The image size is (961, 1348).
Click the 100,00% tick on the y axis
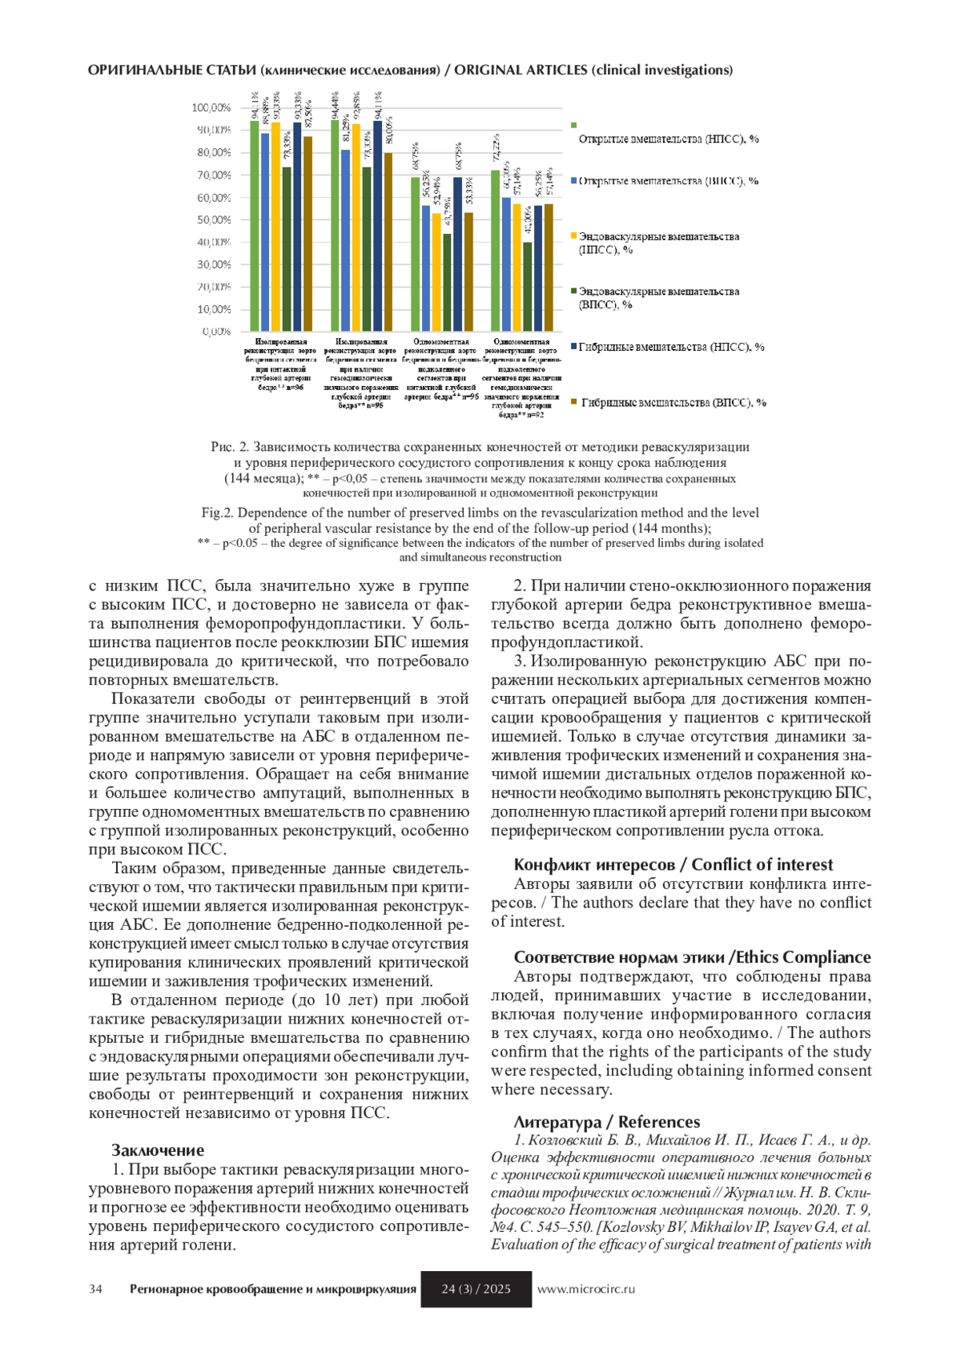coord(211,108)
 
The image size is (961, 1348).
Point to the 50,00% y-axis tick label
coord(213,219)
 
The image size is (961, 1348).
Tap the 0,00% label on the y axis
coord(215,331)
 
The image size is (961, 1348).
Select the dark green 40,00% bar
coord(528,286)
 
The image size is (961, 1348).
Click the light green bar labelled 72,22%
coord(495,250)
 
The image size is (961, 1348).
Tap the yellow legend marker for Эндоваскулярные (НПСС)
coord(573,236)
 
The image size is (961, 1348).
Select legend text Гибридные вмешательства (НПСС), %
coord(671,347)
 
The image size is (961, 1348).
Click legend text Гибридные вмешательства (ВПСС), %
coord(673,403)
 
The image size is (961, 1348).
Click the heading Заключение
coord(158,1150)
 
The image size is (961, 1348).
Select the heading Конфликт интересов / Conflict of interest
coord(673,864)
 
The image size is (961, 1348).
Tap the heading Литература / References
coord(606,1121)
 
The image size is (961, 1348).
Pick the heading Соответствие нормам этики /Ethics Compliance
coord(692,957)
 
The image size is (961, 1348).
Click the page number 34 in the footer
coord(95,1290)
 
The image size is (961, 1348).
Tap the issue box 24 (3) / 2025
coord(476,1290)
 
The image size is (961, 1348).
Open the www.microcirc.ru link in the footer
coord(585,1290)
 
